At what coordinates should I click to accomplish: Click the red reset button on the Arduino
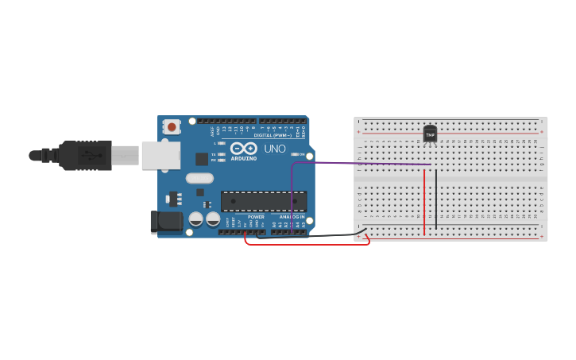pos(172,126)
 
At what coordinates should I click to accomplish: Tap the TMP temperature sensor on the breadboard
pos(430,134)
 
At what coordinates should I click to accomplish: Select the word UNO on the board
pos(275,149)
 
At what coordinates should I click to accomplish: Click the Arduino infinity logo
pos(244,149)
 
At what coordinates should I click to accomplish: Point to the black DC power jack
pos(166,222)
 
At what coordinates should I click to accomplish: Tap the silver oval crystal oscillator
pos(200,179)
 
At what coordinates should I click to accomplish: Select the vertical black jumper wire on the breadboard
pos(436,199)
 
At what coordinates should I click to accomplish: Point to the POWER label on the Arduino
pos(256,217)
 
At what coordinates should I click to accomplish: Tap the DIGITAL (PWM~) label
pos(273,135)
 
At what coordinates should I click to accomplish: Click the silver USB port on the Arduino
pos(160,155)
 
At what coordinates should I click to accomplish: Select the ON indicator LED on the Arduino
pos(295,154)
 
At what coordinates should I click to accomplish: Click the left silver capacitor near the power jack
pos(195,219)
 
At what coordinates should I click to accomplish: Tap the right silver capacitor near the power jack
pos(213,219)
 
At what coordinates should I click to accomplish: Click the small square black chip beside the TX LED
pos(202,159)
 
